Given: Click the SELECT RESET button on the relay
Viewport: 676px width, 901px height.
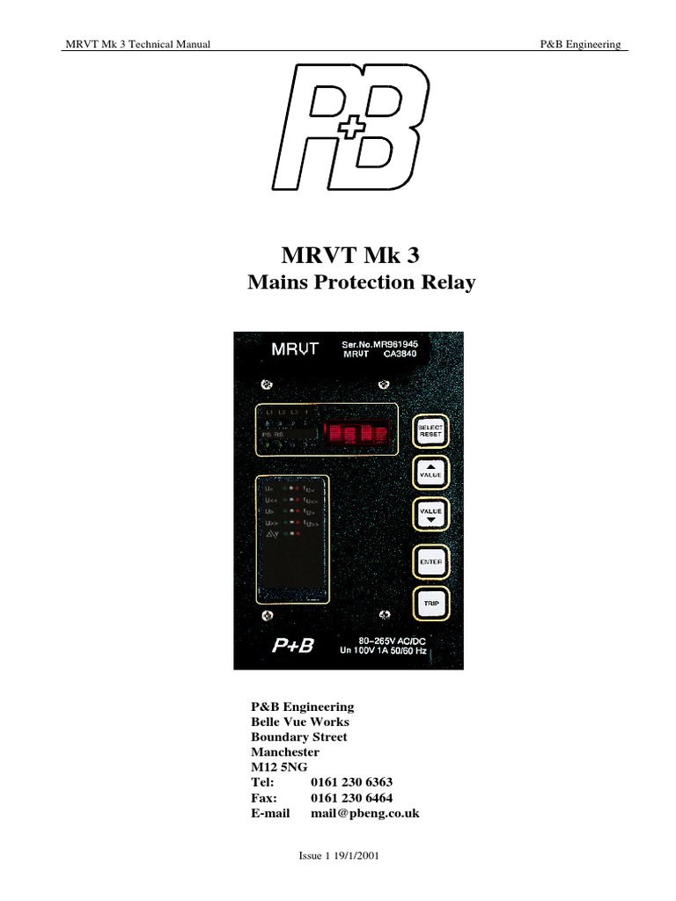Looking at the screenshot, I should point(430,431).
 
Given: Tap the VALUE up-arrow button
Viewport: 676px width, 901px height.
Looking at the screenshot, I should point(430,472).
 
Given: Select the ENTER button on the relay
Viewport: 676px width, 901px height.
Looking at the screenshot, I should point(430,561).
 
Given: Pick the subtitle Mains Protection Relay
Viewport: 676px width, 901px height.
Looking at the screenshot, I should point(361,283).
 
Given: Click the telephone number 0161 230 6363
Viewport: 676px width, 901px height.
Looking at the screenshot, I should point(351,781).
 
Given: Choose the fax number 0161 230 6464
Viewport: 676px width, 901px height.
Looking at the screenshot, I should point(351,797).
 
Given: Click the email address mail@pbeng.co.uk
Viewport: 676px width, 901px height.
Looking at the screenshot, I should point(364,813).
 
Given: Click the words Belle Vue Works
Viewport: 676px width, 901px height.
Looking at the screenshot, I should point(299,722).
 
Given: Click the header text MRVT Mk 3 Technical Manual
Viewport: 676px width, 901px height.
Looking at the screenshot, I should point(137,45).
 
